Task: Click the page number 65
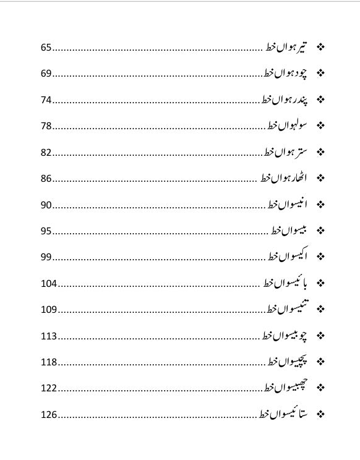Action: click(x=46, y=48)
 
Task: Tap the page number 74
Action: click(x=46, y=100)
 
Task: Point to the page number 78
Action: click(x=46, y=126)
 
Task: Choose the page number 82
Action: click(x=46, y=153)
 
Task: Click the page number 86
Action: click(x=46, y=179)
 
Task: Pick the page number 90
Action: click(x=46, y=205)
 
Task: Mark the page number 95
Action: click(x=46, y=231)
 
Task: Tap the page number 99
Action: click(x=46, y=257)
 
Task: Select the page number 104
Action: click(x=49, y=284)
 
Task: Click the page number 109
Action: click(x=49, y=310)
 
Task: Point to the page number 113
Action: click(x=49, y=336)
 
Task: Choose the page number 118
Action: click(x=49, y=362)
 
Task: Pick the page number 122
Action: click(x=49, y=388)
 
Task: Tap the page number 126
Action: click(x=49, y=415)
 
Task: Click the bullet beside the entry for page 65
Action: click(x=320, y=47)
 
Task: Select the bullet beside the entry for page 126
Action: click(x=320, y=414)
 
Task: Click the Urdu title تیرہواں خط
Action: click(x=287, y=47)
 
